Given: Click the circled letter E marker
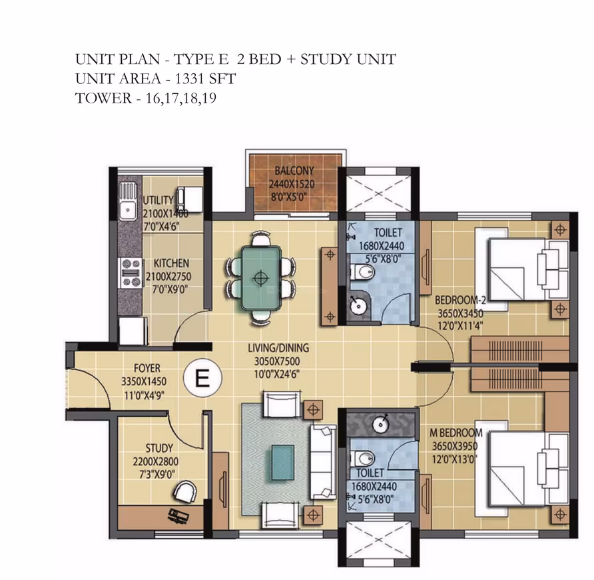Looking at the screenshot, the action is [x=202, y=378].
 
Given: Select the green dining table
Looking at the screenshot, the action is [x=260, y=278].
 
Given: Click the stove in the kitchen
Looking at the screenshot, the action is [x=131, y=273].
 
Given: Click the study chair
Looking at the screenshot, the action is [x=185, y=491].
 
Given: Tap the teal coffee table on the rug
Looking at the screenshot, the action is [x=282, y=463].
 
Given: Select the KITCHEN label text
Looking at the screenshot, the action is [x=171, y=263].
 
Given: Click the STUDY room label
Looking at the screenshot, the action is [x=159, y=449].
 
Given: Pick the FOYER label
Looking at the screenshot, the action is [x=147, y=368].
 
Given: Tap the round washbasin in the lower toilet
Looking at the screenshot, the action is [x=381, y=425].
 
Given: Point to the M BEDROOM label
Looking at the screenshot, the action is [x=455, y=433].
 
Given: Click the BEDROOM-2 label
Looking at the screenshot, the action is [x=460, y=300].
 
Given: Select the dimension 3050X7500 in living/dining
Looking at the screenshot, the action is [x=277, y=361].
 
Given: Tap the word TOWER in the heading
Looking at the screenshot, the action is [x=103, y=98].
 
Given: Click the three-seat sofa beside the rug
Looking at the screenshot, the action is [x=323, y=461].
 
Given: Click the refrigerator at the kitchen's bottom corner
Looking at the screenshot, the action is [x=131, y=331].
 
